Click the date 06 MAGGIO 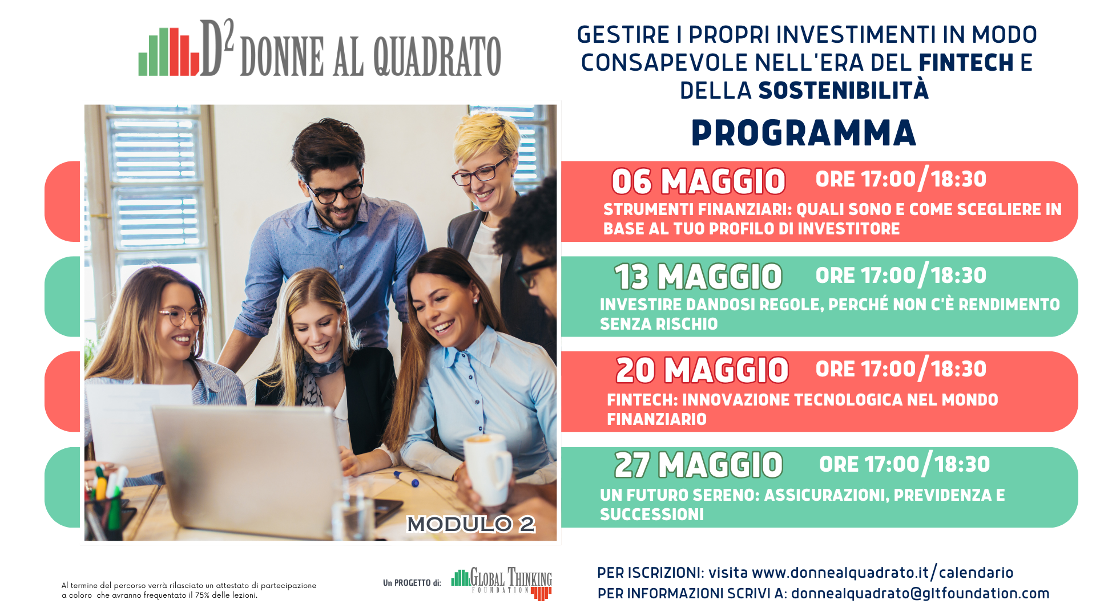[699, 182]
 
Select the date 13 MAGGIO [698, 277]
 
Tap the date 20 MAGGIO [702, 371]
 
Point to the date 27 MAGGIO [699, 465]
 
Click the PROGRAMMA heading [804, 133]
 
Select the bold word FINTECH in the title [966, 63]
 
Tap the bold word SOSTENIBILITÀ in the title [843, 90]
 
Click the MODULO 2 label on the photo [471, 524]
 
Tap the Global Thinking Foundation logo [502, 583]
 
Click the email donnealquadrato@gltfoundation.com [920, 594]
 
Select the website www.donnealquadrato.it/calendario [883, 572]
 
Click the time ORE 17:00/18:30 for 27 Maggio [904, 464]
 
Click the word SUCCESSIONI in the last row [652, 514]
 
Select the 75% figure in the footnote [203, 595]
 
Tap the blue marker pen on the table [406, 479]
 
